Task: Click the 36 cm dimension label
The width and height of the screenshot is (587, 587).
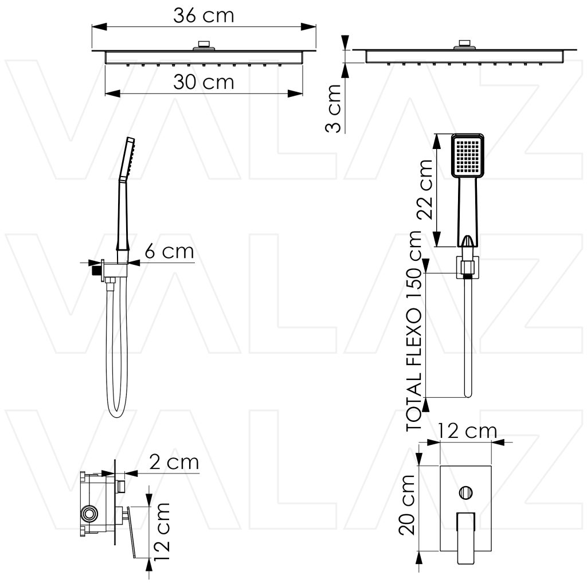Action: coord(204,15)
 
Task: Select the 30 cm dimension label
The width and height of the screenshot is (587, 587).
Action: coord(204,82)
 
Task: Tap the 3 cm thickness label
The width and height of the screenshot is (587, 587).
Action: coord(334,108)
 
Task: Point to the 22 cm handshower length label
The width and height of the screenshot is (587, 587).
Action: coord(425,189)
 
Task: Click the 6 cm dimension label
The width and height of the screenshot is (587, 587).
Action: coord(170,251)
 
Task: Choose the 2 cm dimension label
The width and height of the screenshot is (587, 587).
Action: coord(174,463)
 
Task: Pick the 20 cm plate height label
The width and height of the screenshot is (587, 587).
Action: coord(407,505)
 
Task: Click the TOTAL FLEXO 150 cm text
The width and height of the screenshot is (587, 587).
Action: coord(414,331)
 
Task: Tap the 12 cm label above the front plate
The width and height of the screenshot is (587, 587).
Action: coord(467,431)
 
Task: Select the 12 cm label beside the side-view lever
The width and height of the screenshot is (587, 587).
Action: coord(162,531)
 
